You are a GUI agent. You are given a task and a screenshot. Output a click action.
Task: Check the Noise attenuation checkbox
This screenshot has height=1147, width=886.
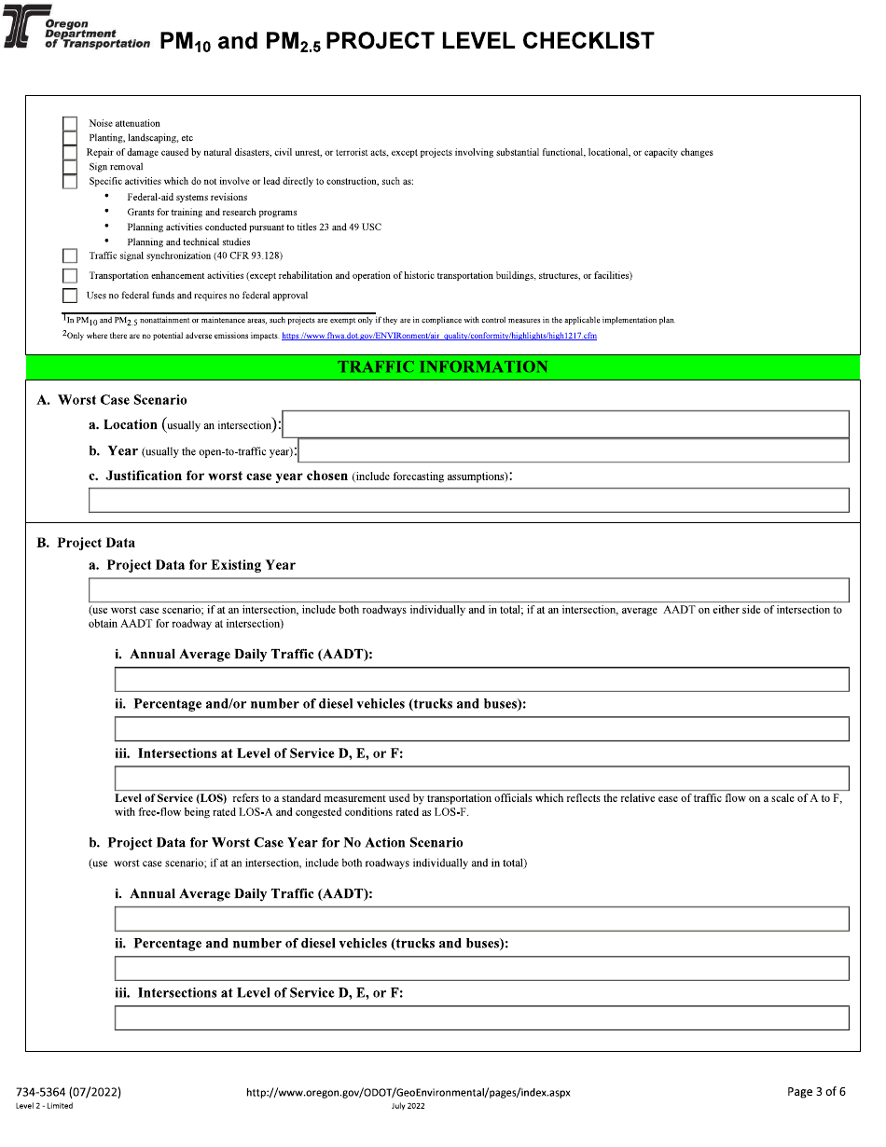click(x=70, y=123)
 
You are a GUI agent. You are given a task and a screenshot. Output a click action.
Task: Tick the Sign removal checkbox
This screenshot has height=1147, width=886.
click(x=70, y=167)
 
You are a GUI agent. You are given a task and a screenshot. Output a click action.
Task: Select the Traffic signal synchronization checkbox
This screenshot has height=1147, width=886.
click(x=70, y=256)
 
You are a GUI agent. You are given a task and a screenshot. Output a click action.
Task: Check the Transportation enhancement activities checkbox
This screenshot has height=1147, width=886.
click(x=70, y=276)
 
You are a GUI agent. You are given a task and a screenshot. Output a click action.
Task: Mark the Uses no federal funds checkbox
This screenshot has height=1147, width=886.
click(x=70, y=296)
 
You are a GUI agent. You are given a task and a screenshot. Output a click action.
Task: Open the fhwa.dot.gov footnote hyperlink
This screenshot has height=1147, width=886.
click(x=438, y=336)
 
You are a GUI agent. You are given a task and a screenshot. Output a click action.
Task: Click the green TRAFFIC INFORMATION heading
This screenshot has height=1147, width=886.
click(x=442, y=367)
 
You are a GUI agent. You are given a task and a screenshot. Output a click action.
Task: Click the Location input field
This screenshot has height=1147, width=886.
click(x=565, y=424)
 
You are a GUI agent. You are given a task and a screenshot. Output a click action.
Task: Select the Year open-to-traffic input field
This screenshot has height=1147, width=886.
click(x=573, y=451)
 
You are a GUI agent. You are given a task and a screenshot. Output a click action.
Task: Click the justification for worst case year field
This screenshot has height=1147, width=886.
click(x=468, y=500)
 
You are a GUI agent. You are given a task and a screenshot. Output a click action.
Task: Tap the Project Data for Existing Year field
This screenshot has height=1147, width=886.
click(x=468, y=590)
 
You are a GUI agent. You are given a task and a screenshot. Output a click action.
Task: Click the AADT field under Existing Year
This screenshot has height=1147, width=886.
click(x=481, y=679)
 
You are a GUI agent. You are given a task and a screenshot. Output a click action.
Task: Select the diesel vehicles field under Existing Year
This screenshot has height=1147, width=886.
click(x=481, y=728)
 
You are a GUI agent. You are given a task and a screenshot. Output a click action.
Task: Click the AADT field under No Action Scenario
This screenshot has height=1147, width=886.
click(x=481, y=919)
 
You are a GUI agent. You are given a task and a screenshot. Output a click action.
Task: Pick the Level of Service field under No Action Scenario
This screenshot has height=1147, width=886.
click(x=481, y=1017)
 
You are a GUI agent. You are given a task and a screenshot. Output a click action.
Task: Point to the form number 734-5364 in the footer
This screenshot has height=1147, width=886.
click(x=68, y=1092)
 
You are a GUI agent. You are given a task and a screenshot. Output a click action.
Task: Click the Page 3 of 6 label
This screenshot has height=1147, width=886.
click(x=816, y=1092)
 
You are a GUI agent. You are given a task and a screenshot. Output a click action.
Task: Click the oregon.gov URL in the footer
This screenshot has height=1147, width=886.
click(x=408, y=1092)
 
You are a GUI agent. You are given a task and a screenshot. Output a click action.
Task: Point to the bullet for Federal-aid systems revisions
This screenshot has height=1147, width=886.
click(x=107, y=197)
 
